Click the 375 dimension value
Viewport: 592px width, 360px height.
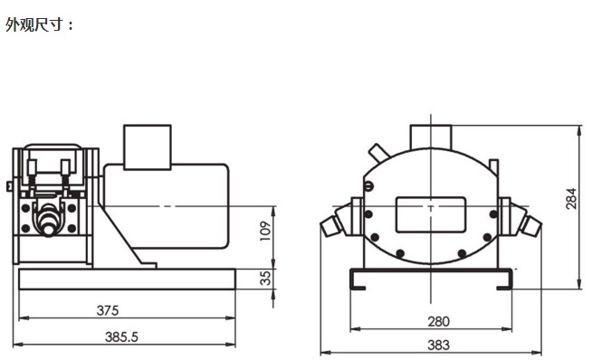tap(108, 310)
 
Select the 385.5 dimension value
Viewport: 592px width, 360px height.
tap(121, 336)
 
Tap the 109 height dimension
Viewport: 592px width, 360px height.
tap(266, 231)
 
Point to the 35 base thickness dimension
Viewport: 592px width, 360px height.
tap(266, 278)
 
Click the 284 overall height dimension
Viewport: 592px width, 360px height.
tap(571, 198)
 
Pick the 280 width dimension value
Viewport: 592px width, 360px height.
tap(438, 321)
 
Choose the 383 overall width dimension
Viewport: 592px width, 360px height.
tap(438, 345)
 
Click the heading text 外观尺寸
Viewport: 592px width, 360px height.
tap(33, 25)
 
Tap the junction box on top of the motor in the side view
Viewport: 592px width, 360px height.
tap(148, 147)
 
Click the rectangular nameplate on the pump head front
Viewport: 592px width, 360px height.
tap(430, 214)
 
